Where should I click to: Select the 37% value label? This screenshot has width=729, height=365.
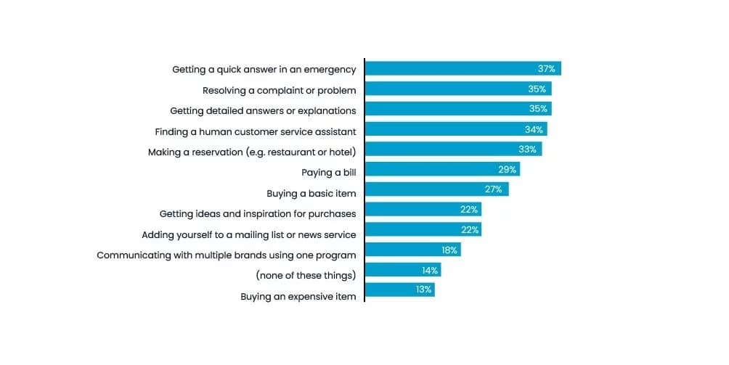(547, 69)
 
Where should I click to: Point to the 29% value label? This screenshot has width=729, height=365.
(508, 169)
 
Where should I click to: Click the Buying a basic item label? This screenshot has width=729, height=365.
(311, 194)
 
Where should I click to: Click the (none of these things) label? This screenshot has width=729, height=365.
(306, 276)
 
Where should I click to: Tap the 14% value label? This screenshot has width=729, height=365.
(430, 270)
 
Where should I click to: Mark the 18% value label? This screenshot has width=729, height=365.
(449, 250)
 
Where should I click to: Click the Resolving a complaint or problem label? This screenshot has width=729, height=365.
(279, 91)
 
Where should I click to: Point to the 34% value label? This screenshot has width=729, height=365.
(534, 129)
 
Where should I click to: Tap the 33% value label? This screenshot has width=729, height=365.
(528, 149)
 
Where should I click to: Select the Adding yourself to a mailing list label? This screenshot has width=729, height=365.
(248, 235)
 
